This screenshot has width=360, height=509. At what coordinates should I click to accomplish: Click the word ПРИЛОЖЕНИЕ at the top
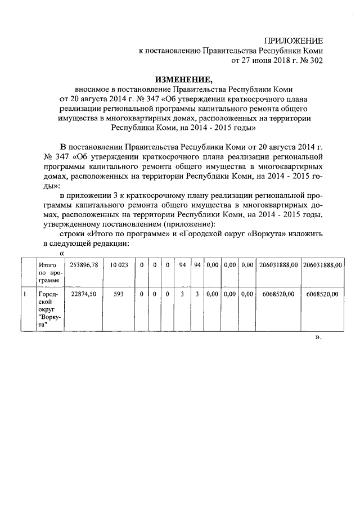coord(294,41)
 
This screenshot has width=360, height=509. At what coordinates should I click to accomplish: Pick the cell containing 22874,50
coord(82,294)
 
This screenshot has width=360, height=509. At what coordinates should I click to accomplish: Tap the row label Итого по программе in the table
coord(48,272)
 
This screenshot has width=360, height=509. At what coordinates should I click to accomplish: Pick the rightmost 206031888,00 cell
coord(322,264)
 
